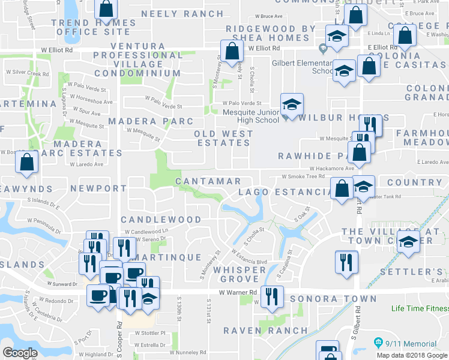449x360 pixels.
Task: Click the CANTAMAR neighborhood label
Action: click(x=208, y=181)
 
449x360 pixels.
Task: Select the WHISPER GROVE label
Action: click(x=243, y=274)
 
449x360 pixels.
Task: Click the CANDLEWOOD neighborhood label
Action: click(x=161, y=220)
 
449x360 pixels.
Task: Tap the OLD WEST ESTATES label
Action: click(x=223, y=138)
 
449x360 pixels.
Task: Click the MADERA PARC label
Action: click(x=143, y=121)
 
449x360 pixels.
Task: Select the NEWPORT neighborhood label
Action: click(x=98, y=188)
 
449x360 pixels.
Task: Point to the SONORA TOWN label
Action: click(x=334, y=299)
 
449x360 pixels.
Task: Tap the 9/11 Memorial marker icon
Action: click(x=378, y=343)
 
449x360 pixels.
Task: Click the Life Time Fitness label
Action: click(x=420, y=309)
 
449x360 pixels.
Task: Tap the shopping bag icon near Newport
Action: click(x=27, y=161)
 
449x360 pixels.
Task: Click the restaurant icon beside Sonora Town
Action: click(x=272, y=296)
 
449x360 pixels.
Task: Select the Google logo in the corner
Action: click(x=20, y=353)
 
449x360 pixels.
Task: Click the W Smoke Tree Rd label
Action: click(x=303, y=177)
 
